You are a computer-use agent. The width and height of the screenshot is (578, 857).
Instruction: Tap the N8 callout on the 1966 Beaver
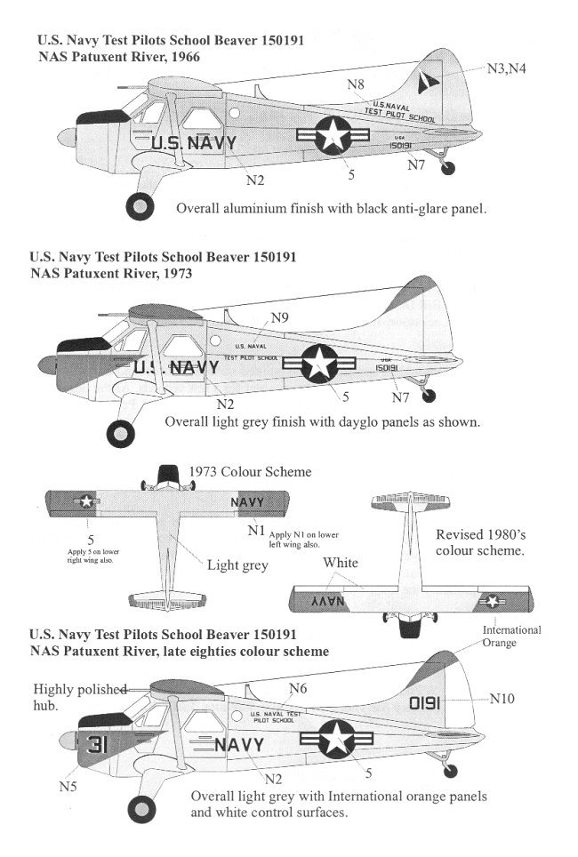click(356, 84)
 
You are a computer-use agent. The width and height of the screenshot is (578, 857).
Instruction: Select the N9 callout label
click(279, 317)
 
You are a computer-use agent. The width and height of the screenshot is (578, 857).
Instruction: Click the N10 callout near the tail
click(502, 699)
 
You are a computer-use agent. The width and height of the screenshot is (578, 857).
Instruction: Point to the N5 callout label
click(68, 785)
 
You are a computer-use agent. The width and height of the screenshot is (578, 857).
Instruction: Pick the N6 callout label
click(298, 688)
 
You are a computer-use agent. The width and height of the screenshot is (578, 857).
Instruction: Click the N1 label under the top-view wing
click(256, 531)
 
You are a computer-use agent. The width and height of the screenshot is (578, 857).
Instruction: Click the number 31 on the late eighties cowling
click(98, 748)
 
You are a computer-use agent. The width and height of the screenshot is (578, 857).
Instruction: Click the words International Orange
click(511, 636)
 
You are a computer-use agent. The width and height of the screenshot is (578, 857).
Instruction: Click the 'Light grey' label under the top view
click(237, 565)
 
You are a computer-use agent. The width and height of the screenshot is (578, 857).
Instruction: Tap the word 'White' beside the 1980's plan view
click(341, 562)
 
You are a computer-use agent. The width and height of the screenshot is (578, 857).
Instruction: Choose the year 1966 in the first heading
click(181, 56)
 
